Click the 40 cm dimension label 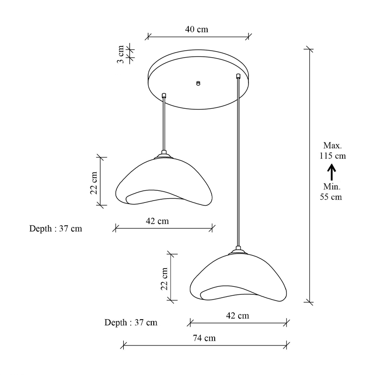pyautogui.click(x=196, y=30)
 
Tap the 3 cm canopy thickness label pyautogui.click(x=120, y=54)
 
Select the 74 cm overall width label pyautogui.click(x=204, y=338)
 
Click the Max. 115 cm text pyautogui.click(x=333, y=150)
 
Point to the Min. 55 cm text pyautogui.click(x=331, y=192)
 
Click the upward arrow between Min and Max pyautogui.click(x=332, y=172)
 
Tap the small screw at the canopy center pyautogui.click(x=198, y=83)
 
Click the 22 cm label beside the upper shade pyautogui.click(x=94, y=183)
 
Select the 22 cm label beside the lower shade pyautogui.click(x=165, y=279)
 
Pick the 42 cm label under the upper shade pyautogui.click(x=157, y=221)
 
